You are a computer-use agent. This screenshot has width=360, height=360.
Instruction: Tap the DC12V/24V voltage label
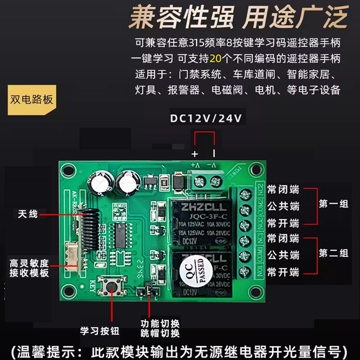206,118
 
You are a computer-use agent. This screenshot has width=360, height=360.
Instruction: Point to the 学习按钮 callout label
100,331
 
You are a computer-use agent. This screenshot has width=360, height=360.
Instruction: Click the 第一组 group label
333,204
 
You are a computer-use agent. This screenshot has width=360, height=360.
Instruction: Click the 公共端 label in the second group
283,255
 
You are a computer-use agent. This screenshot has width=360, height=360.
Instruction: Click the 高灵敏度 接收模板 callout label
29,268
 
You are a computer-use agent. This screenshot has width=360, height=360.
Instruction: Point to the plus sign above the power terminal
195,154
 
